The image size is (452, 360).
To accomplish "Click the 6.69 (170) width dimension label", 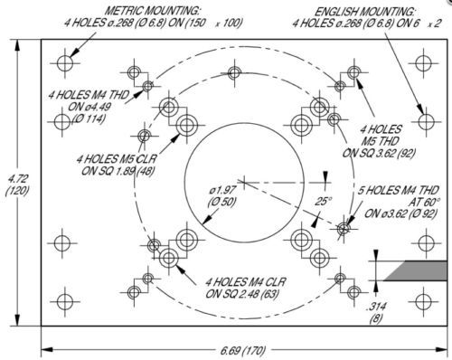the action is (243, 350).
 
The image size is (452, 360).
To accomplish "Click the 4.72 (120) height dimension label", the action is (16, 185).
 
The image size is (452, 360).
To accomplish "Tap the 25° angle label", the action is (323, 201).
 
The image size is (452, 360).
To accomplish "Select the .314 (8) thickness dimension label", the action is (376, 312).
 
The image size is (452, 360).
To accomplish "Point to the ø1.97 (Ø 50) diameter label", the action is (222, 196).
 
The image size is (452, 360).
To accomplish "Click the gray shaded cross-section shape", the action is (419, 270).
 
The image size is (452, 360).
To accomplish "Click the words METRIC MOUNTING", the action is (152, 11).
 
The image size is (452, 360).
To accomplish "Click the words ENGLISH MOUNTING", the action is (364, 12).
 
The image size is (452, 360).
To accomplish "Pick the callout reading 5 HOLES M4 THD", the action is (398, 190).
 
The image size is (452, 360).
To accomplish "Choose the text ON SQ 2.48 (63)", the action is (241, 293).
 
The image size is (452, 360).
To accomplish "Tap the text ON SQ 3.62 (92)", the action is (379, 153).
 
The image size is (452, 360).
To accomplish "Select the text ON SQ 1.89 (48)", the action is (118, 171).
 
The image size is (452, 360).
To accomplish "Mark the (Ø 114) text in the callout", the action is (89, 118).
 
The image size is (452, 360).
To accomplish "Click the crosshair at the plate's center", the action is (243, 182).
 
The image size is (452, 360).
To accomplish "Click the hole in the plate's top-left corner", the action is (65, 63).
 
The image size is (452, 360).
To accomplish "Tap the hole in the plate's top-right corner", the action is (423, 63).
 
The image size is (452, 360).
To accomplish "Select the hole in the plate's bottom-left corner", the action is (65, 301).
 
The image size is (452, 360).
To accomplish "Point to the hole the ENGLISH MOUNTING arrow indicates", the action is (427, 121).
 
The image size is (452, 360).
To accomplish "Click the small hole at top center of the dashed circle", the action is (234, 73).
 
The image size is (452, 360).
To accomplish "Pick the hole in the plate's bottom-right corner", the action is (423, 301).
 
